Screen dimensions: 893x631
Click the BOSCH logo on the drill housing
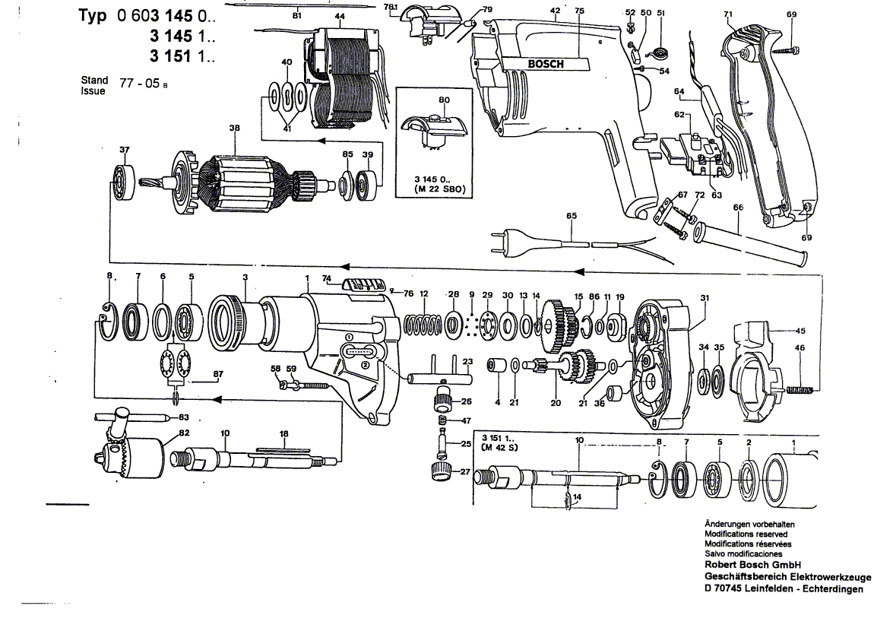point(546,64)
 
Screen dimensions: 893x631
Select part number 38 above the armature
point(235,128)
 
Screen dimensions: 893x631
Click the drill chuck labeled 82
point(130,455)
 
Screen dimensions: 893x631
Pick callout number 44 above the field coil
point(340,17)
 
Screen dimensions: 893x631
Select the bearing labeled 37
point(124,182)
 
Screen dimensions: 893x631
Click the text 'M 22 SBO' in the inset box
point(441,189)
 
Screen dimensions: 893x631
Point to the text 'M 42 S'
point(499,448)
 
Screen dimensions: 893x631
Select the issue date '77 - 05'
point(140,83)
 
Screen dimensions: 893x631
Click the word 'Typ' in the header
point(92,16)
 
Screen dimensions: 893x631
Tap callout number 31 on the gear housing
point(705,298)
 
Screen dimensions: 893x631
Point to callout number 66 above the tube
point(738,208)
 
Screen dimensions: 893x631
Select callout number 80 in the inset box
point(445,100)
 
